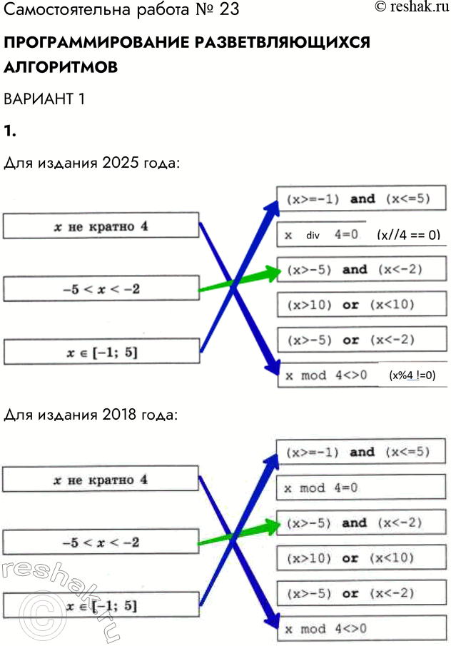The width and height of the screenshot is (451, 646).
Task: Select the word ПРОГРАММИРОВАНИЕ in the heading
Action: (x=96, y=43)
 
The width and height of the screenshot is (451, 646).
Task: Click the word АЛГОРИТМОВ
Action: (x=61, y=67)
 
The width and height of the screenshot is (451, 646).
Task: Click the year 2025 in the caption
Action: (x=122, y=163)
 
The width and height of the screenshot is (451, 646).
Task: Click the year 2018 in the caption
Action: (x=122, y=415)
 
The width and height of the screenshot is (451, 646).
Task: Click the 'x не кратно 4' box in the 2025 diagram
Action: (x=101, y=226)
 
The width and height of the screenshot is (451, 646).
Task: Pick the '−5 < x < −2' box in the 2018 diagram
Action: (x=101, y=542)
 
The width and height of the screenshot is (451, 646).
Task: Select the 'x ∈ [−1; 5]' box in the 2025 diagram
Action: (x=101, y=351)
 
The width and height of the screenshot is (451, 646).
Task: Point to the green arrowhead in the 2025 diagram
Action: (x=269, y=272)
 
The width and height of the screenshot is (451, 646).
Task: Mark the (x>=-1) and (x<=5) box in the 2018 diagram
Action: (x=360, y=452)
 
